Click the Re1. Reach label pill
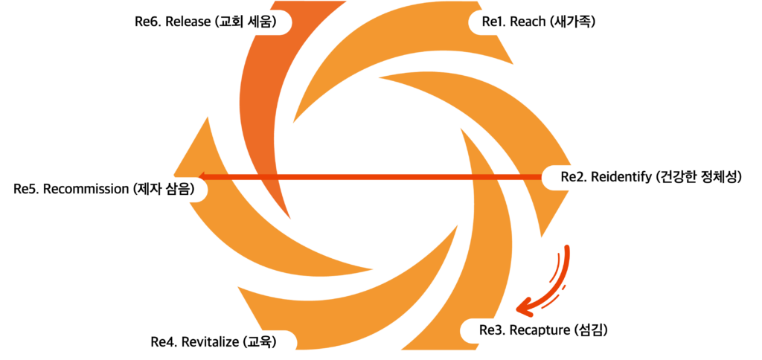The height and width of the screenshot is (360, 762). coord(540,22)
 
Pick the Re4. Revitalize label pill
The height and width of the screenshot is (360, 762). coord(214,342)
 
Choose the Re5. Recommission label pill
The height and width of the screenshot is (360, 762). coord(104,189)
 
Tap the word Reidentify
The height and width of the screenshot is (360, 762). coord(627,177)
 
